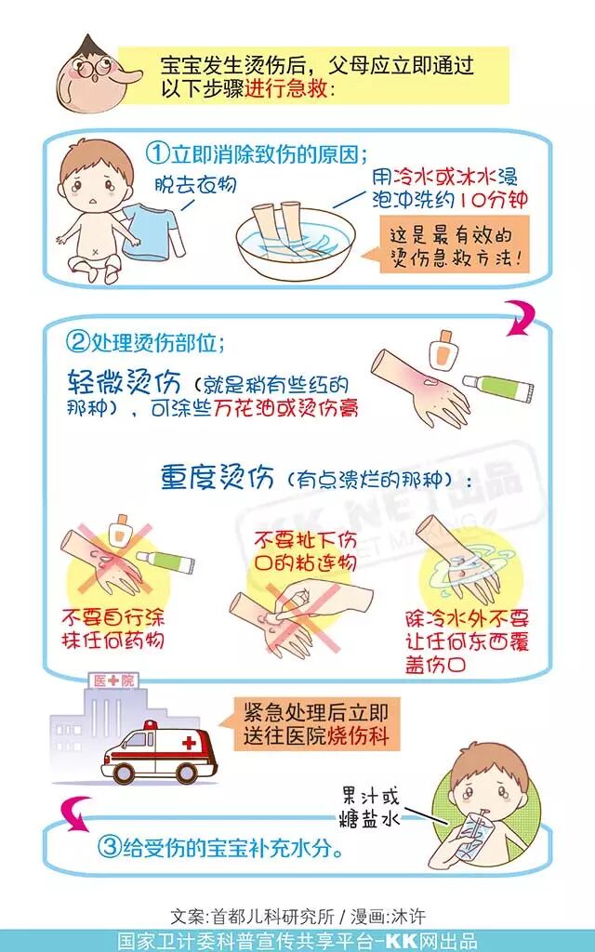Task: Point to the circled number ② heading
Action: pyautogui.click(x=79, y=341)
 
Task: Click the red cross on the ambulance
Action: pyautogui.click(x=191, y=743)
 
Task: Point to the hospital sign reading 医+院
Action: pyautogui.click(x=113, y=681)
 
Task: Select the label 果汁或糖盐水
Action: pyautogui.click(x=371, y=805)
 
